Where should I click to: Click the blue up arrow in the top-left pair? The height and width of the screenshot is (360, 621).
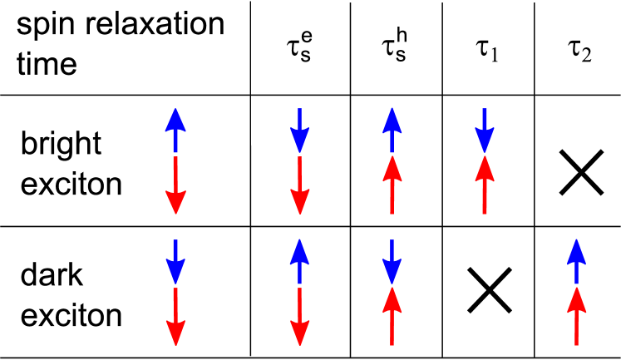(x=175, y=131)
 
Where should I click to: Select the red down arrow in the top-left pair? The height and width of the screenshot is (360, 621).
(x=175, y=185)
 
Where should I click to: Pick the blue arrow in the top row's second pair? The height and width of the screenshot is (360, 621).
(x=299, y=131)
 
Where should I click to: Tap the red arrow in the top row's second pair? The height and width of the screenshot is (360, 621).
(x=299, y=185)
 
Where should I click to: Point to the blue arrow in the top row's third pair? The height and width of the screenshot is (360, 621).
(x=392, y=131)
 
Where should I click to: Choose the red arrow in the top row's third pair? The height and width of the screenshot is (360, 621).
(x=392, y=185)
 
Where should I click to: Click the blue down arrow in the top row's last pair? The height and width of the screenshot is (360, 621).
(x=485, y=131)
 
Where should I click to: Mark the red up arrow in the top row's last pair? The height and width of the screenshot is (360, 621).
(x=485, y=185)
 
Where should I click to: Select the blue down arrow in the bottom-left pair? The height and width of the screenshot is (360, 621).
(x=175, y=262)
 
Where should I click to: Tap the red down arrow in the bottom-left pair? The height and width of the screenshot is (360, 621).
(x=175, y=316)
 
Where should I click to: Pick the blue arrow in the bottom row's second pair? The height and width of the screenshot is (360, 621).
(x=299, y=262)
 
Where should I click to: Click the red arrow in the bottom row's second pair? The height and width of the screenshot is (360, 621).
(x=299, y=316)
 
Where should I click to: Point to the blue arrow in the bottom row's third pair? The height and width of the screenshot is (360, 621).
(x=392, y=262)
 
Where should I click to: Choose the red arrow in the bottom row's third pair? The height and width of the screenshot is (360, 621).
(x=392, y=316)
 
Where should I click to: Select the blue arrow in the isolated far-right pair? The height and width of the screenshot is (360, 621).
(x=576, y=262)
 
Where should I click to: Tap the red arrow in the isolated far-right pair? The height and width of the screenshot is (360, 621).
(x=576, y=316)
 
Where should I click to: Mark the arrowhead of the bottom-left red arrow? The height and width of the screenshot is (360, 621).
(x=175, y=332)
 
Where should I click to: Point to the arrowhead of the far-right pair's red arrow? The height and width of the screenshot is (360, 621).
(x=576, y=300)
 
